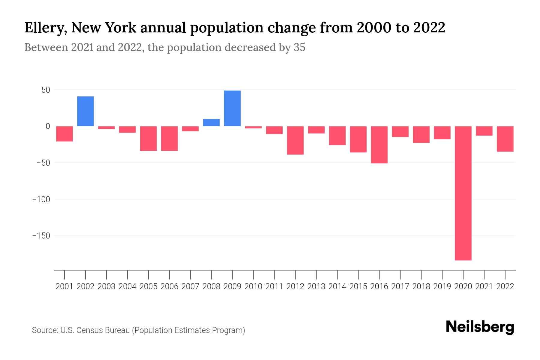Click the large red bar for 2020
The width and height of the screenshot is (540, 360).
463,193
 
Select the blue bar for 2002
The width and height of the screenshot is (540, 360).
85,111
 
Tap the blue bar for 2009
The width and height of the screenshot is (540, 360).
232,108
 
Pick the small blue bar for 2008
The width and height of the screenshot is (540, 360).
211,123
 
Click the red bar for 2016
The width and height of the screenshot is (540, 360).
379,145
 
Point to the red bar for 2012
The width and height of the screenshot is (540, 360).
295,140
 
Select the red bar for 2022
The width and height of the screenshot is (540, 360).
505,139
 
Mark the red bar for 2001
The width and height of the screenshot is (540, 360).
64,134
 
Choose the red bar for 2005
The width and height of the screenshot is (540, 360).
148,139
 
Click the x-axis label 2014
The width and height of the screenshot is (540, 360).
337,286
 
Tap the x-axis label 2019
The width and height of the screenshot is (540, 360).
442,286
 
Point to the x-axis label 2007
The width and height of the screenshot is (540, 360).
190,286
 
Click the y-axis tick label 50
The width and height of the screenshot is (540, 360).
43,90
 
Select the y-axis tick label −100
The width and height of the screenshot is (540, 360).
41,199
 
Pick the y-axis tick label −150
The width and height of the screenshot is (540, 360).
41,236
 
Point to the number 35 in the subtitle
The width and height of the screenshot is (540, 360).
299,47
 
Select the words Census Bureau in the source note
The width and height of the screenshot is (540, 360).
104,330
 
